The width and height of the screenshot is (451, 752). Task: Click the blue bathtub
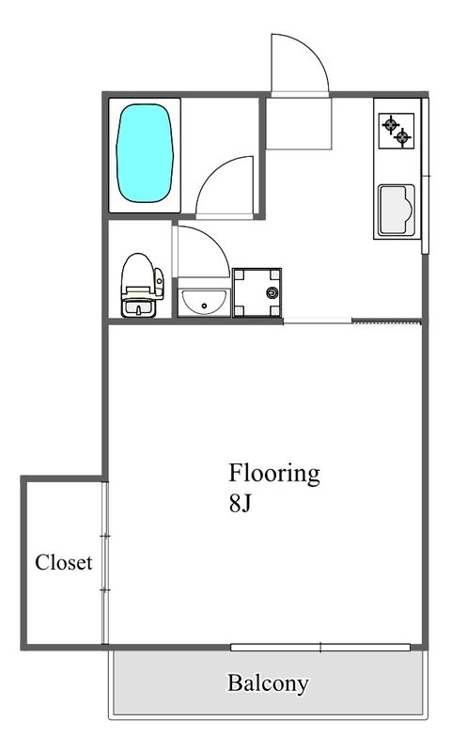click(x=145, y=153)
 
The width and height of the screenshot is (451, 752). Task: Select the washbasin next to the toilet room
click(x=204, y=303)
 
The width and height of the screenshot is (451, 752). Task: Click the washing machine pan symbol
click(x=257, y=292)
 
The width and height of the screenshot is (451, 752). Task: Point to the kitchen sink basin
click(x=397, y=210)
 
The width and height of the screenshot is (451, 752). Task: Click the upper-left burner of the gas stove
click(x=391, y=125)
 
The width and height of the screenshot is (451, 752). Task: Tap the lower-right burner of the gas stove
click(x=402, y=138)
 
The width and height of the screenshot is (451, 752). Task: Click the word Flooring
click(x=273, y=475)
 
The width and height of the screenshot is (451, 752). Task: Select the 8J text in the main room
click(x=241, y=504)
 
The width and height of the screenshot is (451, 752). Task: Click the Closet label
click(x=63, y=562)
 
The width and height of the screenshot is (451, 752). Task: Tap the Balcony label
click(x=268, y=684)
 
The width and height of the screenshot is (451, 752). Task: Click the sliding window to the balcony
click(x=320, y=648)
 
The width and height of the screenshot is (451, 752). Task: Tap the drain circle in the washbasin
click(x=205, y=305)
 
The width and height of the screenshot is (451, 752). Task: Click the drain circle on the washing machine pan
click(x=272, y=291)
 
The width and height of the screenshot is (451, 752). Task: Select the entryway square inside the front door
click(x=299, y=123)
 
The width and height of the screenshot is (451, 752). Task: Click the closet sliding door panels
click(x=105, y=562)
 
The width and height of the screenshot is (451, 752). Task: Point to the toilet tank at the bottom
click(x=139, y=308)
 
